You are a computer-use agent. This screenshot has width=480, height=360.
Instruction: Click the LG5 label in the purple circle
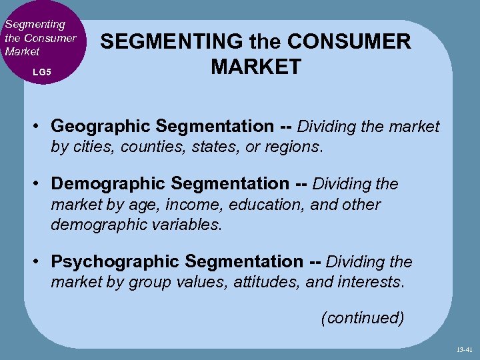pos(41,71)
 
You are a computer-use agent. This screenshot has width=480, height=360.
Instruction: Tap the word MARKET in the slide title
pos(256,67)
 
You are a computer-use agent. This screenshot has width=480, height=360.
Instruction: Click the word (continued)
pos(362,318)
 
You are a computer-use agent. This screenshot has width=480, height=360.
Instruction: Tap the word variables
pos(186,224)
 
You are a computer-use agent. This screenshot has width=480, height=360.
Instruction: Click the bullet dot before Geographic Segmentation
pos(39,126)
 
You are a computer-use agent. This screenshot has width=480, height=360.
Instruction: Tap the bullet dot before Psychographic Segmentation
pos(39,261)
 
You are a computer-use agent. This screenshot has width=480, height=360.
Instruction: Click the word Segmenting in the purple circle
pos(35,24)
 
